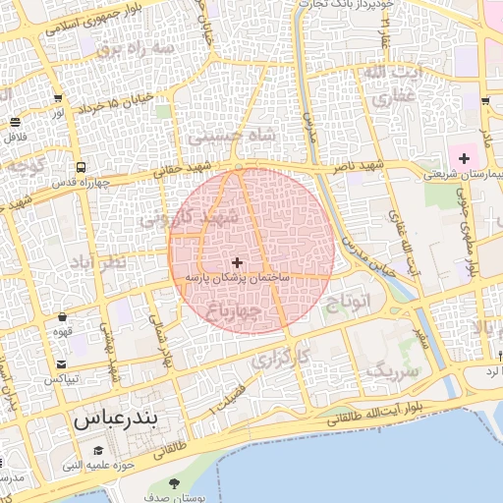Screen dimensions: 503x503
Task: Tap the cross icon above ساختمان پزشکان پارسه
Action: (x=237, y=262)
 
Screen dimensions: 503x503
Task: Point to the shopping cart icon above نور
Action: (x=59, y=98)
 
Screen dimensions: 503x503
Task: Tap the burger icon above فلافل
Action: (x=15, y=122)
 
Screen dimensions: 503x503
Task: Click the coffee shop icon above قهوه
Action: (x=64, y=317)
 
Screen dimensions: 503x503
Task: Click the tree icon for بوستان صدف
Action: (x=175, y=482)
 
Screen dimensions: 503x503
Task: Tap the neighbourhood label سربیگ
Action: (x=392, y=371)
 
